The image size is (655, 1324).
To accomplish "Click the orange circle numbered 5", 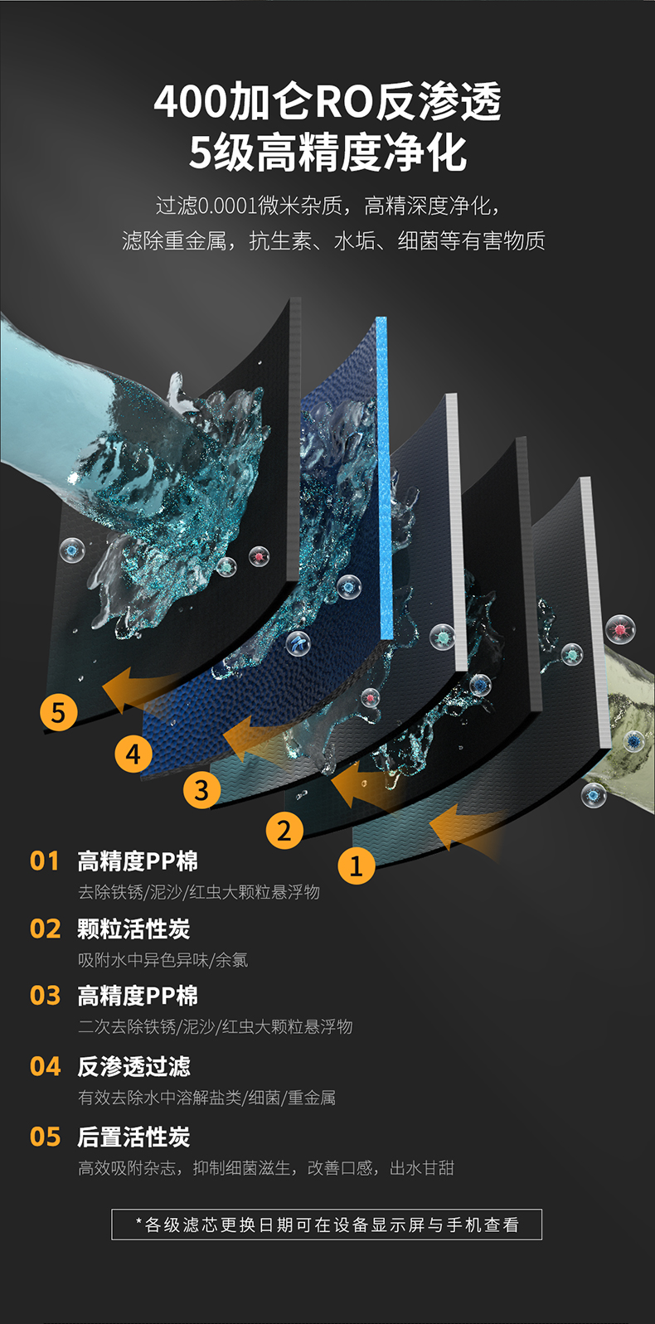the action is click(59, 712).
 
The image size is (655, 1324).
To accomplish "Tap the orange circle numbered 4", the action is click(133, 754).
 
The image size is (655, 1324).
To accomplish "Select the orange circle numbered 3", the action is click(201, 789).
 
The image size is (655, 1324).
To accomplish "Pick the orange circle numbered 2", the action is click(284, 831).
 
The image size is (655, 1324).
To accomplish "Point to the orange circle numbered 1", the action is click(357, 866).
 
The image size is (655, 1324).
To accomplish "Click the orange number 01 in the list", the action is click(45, 861).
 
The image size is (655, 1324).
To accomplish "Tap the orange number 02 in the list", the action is click(46, 929).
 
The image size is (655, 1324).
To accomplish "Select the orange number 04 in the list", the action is click(46, 1066).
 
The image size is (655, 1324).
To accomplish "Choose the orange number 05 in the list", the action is click(46, 1137).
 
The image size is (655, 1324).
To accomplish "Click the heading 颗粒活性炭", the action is click(133, 929).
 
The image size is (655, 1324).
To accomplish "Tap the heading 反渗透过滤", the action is click(133, 1066).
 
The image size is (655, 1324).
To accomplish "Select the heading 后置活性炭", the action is click(133, 1137).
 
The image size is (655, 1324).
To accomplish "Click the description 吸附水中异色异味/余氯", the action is click(163, 960).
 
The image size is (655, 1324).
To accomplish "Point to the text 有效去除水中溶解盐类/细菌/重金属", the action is click(207, 1098).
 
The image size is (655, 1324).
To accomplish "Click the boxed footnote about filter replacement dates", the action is click(327, 1225).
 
